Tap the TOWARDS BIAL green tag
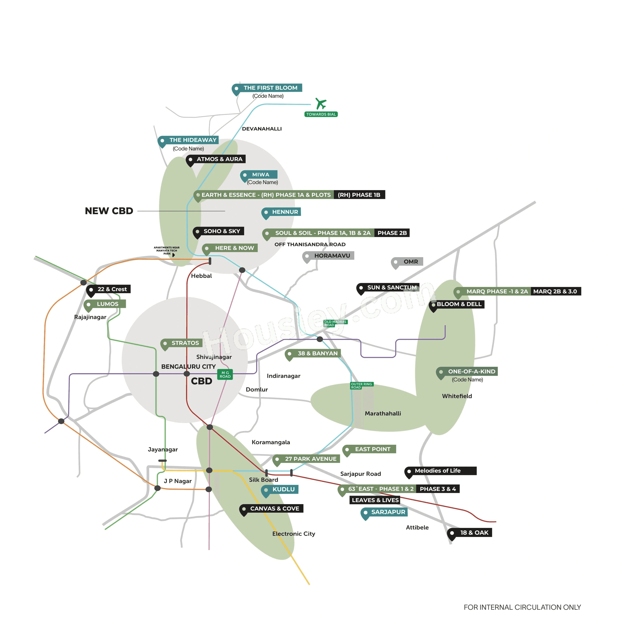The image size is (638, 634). coord(321,114)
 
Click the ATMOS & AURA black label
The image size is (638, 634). coord(219,159)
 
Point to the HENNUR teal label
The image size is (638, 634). coord(285,212)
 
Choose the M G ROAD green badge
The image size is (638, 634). coord(225,374)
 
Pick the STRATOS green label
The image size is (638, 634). coord(185,343)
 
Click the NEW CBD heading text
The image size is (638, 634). coord(109,211)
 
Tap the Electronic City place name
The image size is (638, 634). coord(294,534)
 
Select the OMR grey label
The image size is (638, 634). coord(410,261)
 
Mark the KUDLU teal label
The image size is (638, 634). coord(283,489)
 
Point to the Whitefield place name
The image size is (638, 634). coord(457,396)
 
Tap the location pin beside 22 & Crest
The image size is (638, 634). coord(91,290)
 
